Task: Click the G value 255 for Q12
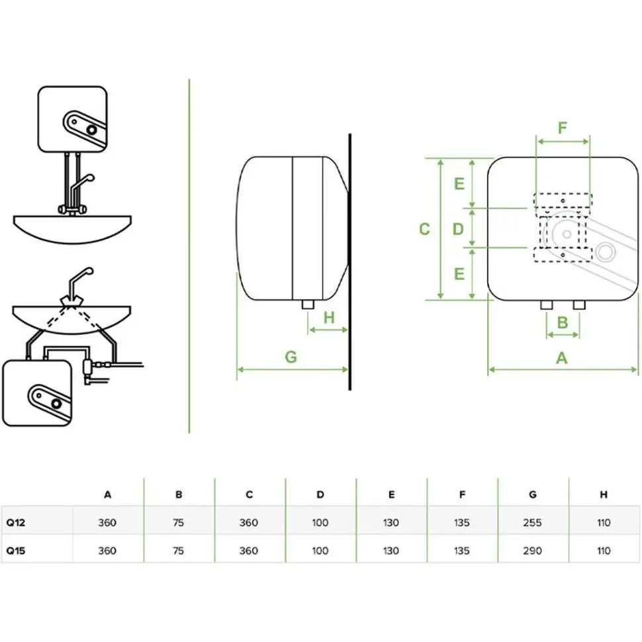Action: tap(532, 523)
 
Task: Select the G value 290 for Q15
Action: tap(532, 551)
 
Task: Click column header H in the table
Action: tap(603, 494)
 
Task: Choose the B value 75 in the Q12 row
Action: tap(178, 523)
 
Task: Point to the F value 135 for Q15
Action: tap(462, 551)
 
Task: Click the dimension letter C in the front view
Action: tap(425, 229)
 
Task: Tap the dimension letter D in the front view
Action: tap(458, 229)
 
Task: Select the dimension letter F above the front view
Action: tap(563, 128)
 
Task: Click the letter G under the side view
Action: tap(291, 357)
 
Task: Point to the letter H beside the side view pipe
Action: tap(329, 317)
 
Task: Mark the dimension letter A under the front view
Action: tap(562, 358)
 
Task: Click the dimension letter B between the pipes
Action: tap(563, 322)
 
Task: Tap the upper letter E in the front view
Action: tap(459, 184)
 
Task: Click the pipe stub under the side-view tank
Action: tap(307, 304)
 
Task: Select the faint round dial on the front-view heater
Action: tap(604, 252)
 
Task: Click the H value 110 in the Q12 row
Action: tap(603, 523)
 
